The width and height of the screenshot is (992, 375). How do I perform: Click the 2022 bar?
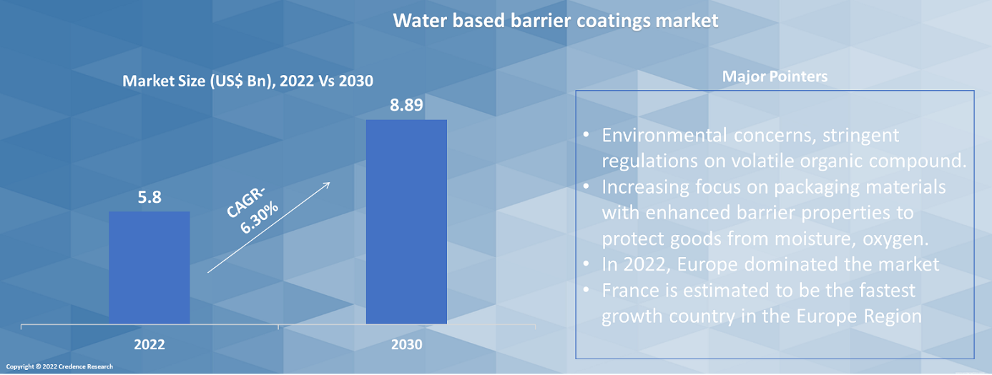pos(149,267)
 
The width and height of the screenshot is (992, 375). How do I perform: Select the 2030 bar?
pos(406,221)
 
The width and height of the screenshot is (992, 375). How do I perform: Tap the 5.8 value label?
pos(149,197)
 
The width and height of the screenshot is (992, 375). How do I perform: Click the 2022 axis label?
pos(149,344)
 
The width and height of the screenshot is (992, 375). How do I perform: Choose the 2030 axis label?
pos(406,344)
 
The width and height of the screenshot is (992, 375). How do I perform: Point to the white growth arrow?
pos(268,227)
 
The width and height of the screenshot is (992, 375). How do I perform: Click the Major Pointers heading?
pos(775,76)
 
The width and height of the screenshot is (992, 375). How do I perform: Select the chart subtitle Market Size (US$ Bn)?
pos(247,81)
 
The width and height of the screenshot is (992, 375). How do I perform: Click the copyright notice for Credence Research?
pos(64,366)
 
